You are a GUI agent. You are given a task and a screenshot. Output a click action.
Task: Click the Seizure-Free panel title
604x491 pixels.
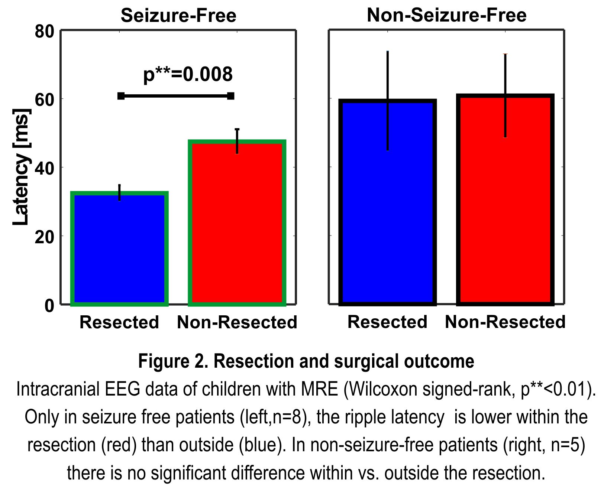[178, 16]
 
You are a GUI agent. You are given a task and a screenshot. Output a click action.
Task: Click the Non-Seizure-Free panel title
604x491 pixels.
[446, 16]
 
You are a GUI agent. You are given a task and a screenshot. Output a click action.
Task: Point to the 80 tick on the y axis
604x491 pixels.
[45, 32]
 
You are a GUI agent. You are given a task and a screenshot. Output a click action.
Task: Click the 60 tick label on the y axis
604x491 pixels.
[45, 100]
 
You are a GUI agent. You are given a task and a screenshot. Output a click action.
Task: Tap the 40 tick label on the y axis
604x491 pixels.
[45, 168]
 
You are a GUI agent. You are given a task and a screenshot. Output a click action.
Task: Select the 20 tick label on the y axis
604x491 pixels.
[45, 237]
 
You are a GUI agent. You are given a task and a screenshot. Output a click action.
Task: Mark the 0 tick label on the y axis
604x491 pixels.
[49, 306]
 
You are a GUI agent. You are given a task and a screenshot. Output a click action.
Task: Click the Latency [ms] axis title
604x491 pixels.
[21, 167]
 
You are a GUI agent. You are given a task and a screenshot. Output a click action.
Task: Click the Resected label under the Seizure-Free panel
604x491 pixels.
[119, 322]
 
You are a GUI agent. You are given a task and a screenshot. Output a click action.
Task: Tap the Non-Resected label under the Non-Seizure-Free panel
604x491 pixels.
[505, 322]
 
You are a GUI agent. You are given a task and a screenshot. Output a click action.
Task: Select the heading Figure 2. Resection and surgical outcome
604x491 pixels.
[306, 361]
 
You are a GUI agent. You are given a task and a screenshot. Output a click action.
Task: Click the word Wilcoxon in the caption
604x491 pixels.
[384, 389]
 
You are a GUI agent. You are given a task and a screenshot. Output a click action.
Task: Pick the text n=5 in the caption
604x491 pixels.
[565, 445]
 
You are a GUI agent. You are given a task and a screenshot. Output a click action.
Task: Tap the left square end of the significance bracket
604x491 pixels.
[121, 96]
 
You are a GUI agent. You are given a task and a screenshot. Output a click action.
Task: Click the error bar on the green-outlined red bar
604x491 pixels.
[237, 141]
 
